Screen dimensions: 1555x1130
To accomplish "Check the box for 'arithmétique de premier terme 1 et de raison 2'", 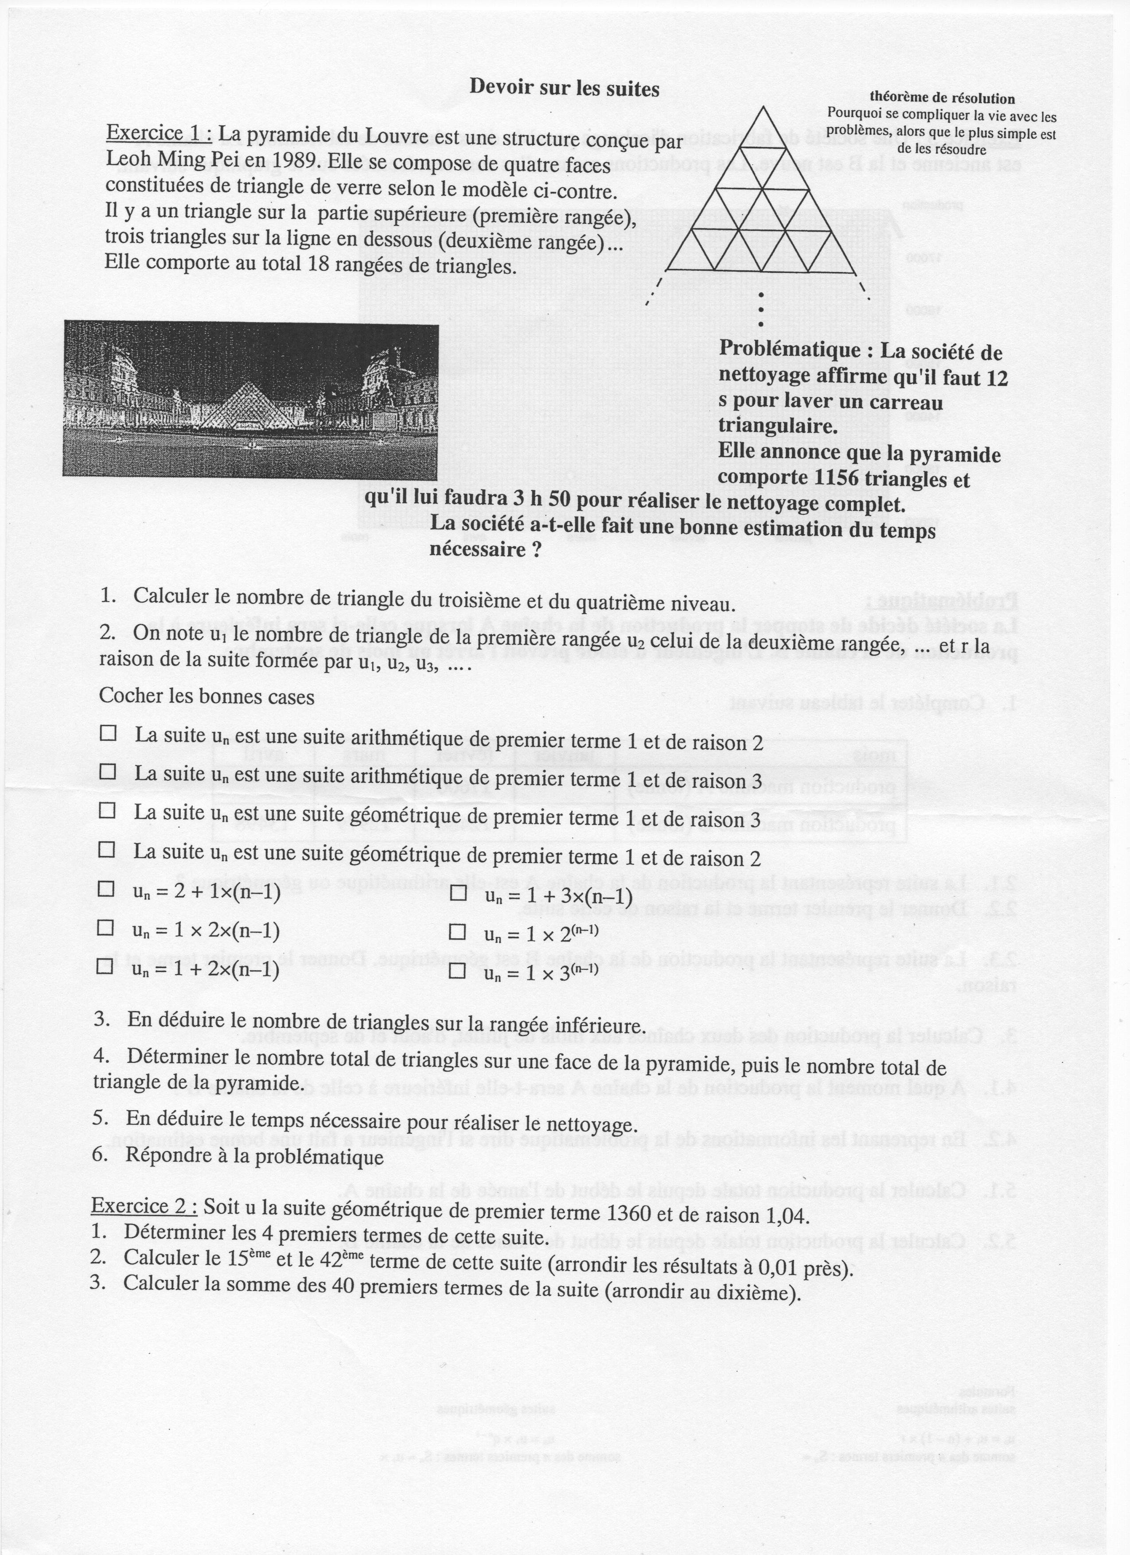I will click(x=108, y=733).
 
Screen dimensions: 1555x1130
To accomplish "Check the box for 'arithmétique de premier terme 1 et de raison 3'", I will click(x=108, y=771).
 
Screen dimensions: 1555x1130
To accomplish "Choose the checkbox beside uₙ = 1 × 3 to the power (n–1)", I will click(x=457, y=970).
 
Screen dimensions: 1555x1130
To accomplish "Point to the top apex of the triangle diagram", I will click(x=761, y=107).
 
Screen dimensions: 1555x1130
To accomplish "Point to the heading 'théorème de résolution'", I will click(x=942, y=99).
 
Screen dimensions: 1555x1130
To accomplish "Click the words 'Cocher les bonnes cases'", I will click(x=207, y=696).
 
